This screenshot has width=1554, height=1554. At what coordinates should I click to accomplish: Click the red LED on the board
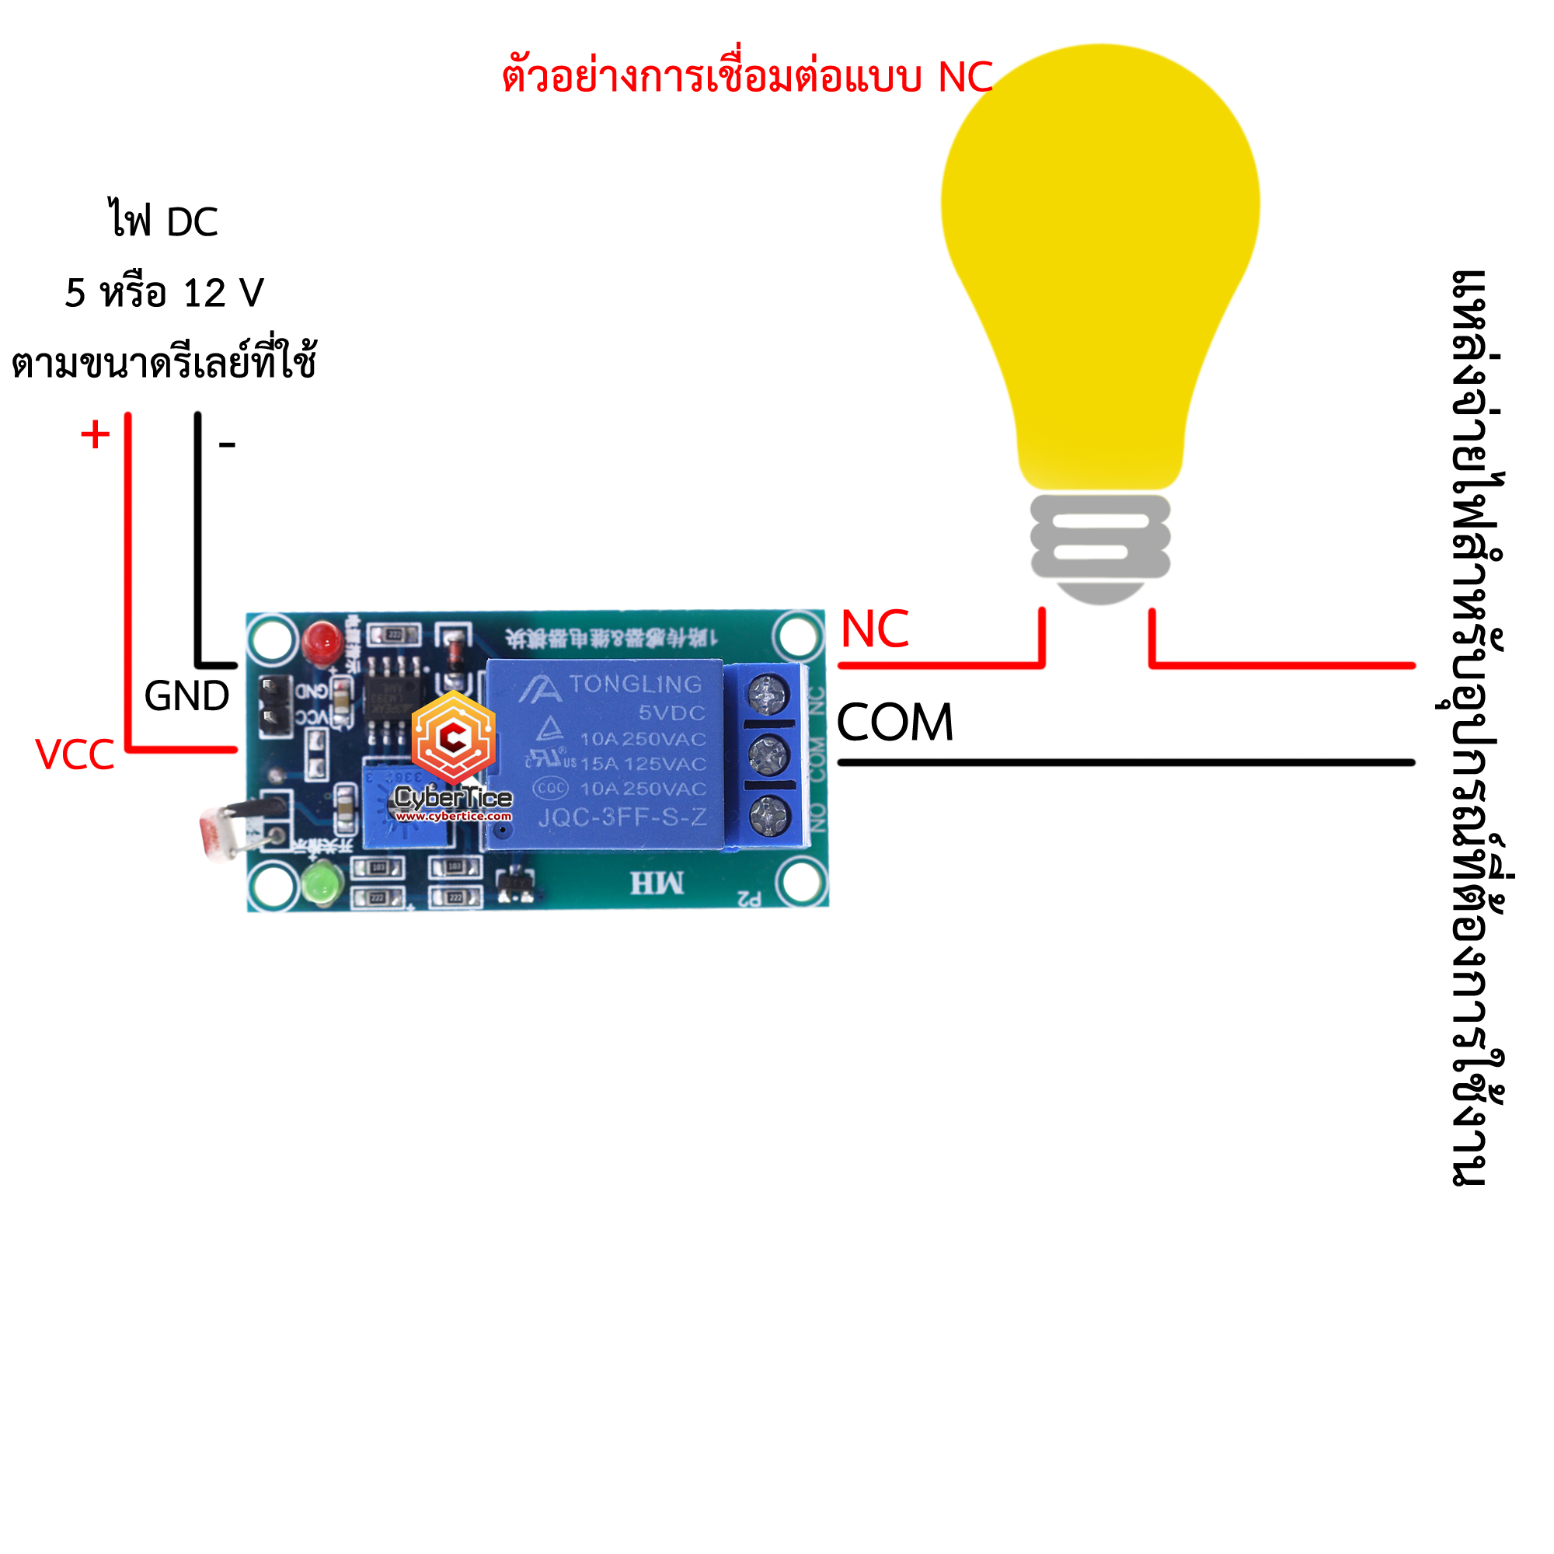pos(322,642)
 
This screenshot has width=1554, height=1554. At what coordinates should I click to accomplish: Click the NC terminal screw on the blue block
pos(768,693)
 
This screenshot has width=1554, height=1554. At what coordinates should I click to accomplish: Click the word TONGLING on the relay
pos(636,685)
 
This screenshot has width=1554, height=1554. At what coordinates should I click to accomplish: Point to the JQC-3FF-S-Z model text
pos(622,818)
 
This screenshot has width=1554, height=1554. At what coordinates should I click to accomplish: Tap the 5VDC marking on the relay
pos(671,713)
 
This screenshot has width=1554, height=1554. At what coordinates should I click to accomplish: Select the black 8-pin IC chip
pos(392,695)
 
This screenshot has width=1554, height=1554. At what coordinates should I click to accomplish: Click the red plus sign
pos(95,434)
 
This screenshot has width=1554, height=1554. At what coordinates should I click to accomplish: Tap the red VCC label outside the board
pos(75,754)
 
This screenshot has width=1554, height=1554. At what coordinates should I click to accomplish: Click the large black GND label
pos(186,695)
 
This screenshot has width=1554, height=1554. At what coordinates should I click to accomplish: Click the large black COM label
pos(894,723)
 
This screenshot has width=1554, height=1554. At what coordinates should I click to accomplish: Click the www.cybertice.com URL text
pos(453,816)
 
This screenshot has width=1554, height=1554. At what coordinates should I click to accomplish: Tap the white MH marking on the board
pos(657,883)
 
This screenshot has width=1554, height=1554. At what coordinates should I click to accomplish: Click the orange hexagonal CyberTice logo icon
pos(454,735)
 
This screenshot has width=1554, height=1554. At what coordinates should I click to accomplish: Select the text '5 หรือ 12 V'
pos(164,293)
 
